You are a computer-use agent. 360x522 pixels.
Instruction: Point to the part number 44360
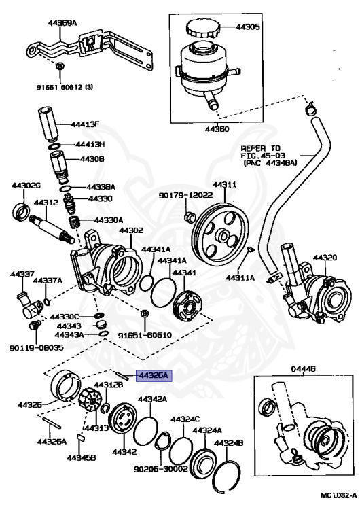pyautogui.click(x=203, y=128)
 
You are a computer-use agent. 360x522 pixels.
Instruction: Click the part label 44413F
pyautogui.click(x=86, y=124)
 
